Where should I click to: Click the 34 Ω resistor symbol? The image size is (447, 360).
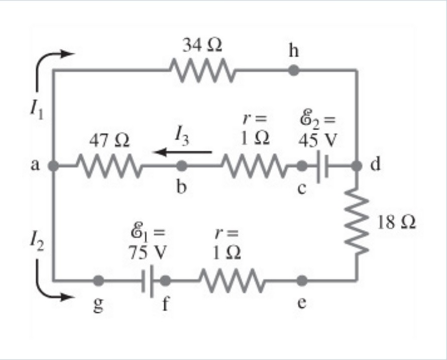pyautogui.click(x=202, y=71)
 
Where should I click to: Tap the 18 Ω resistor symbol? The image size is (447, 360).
pyautogui.click(x=357, y=221)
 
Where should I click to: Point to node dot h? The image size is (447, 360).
pyautogui.click(x=294, y=71)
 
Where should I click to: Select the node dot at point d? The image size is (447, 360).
pyautogui.click(x=357, y=165)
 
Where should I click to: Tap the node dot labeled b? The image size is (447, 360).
pyautogui.click(x=182, y=165)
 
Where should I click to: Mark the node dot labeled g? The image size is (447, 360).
pyautogui.click(x=99, y=281)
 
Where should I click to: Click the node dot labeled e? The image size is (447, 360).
pyautogui.click(x=302, y=281)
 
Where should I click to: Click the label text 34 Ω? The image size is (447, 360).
pyautogui.click(x=202, y=46)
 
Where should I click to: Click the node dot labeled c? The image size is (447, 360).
pyautogui.click(x=302, y=165)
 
